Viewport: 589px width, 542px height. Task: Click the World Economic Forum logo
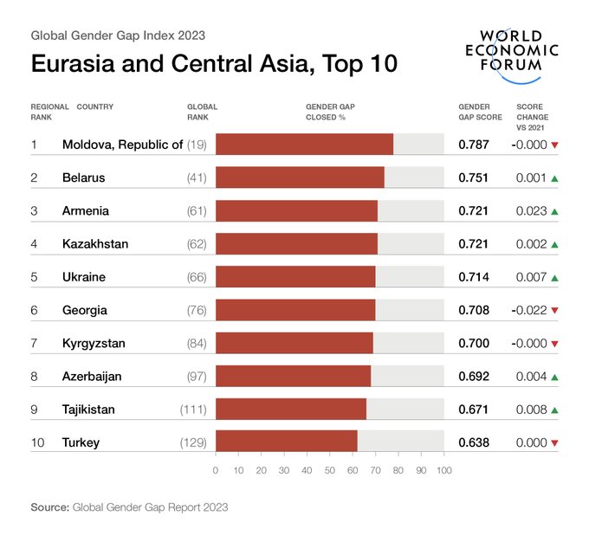click(516, 54)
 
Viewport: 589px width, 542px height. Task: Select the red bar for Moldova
click(304, 145)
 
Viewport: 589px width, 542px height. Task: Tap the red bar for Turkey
click(286, 442)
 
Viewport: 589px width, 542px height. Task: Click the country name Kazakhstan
click(95, 244)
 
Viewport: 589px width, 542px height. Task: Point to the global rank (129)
click(193, 442)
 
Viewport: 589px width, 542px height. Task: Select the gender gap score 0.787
click(474, 145)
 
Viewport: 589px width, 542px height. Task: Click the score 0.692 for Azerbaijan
click(474, 377)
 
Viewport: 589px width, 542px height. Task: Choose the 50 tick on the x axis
click(330, 471)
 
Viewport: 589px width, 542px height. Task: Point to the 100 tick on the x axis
click(443, 471)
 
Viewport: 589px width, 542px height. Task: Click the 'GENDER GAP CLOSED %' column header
click(330, 112)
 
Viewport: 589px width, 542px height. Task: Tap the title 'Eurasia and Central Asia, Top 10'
click(214, 65)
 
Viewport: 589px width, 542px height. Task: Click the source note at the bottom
click(129, 507)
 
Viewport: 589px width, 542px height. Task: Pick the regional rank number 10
click(37, 442)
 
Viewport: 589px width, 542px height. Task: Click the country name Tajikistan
click(88, 410)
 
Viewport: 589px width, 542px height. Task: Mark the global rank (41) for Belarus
click(197, 178)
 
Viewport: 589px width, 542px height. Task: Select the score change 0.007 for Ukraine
click(530, 278)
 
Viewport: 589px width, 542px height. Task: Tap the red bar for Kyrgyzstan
click(294, 344)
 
